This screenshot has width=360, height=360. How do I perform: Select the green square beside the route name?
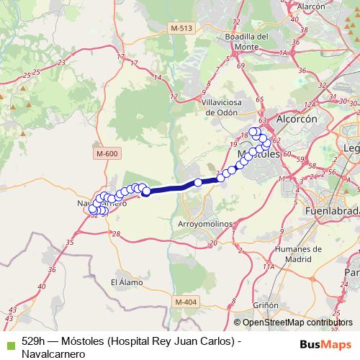tap(9, 341)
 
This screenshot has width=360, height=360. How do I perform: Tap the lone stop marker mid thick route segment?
tap(198, 183)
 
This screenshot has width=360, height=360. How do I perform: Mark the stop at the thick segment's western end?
tap(145, 192)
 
